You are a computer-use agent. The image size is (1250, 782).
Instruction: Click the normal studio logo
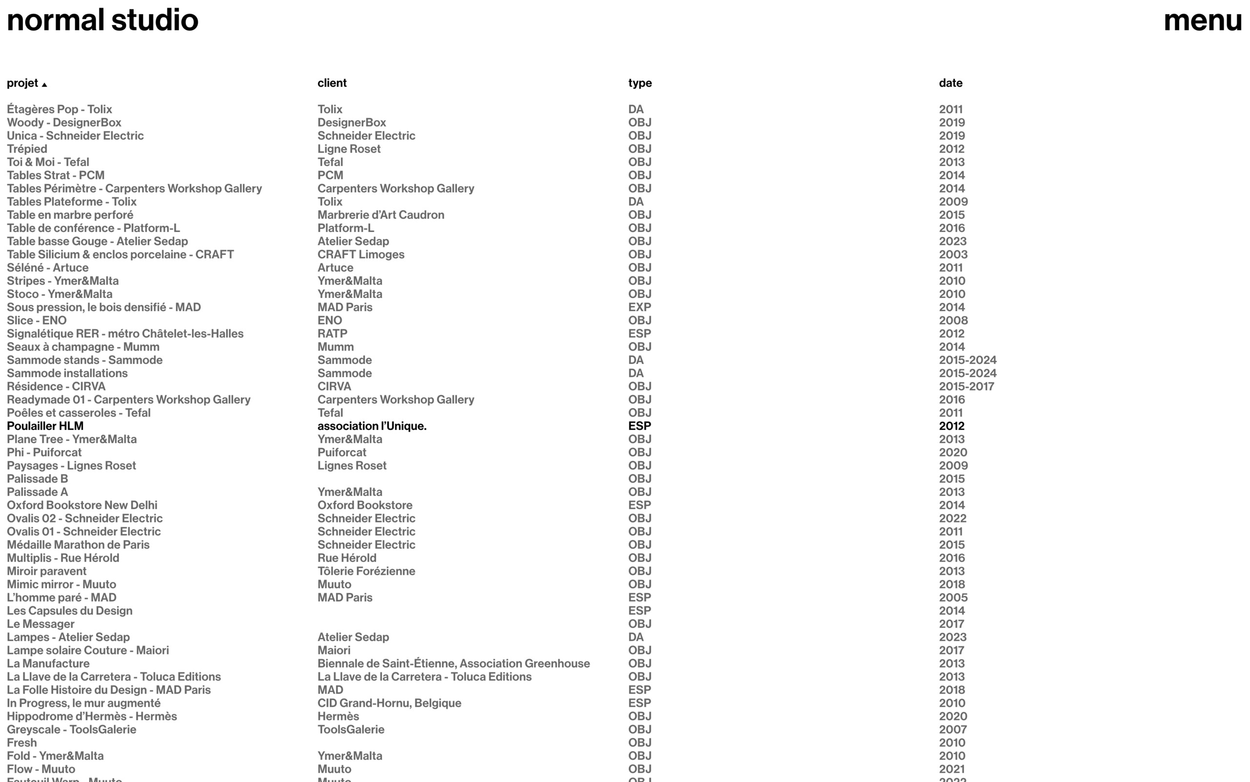[103, 21]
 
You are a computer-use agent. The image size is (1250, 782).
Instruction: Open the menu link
[1202, 21]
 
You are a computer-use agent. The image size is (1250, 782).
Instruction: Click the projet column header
[23, 83]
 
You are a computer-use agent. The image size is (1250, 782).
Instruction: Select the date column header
[950, 83]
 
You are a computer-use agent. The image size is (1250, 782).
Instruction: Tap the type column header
[640, 83]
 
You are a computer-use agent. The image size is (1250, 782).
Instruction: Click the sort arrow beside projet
[44, 85]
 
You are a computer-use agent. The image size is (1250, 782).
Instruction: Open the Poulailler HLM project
[45, 426]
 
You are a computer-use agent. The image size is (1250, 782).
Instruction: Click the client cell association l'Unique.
[372, 426]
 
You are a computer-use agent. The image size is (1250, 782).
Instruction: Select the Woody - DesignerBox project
[64, 123]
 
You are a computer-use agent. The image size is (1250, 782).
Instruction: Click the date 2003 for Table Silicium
[953, 254]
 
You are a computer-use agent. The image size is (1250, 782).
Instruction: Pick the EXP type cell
[639, 307]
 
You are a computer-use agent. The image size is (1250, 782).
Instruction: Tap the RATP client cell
[332, 334]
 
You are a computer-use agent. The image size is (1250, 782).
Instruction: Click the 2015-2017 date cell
[966, 386]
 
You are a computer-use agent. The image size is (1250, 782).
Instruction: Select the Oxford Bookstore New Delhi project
[82, 506]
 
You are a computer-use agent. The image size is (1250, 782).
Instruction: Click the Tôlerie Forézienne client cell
[366, 571]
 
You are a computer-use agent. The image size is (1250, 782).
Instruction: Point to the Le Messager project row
[41, 624]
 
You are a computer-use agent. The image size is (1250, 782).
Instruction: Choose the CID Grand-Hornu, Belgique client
[389, 703]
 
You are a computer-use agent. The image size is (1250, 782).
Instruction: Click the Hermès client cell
[338, 717]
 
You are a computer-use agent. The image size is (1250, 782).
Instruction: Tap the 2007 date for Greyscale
[952, 729]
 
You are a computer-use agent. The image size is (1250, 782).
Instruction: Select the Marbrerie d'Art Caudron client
[380, 214]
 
